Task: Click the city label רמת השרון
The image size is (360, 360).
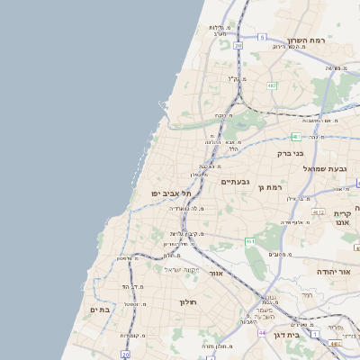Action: point(306,40)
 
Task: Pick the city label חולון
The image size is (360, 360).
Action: point(187,301)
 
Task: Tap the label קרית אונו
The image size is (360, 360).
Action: point(342,219)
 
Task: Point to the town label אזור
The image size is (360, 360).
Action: point(215,273)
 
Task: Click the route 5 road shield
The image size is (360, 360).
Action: point(262,37)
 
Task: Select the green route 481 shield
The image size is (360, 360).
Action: point(295,137)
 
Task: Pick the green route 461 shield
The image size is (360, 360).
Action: point(250,241)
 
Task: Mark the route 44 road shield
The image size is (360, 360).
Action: point(263,332)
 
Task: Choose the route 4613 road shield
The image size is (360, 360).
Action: point(336,343)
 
